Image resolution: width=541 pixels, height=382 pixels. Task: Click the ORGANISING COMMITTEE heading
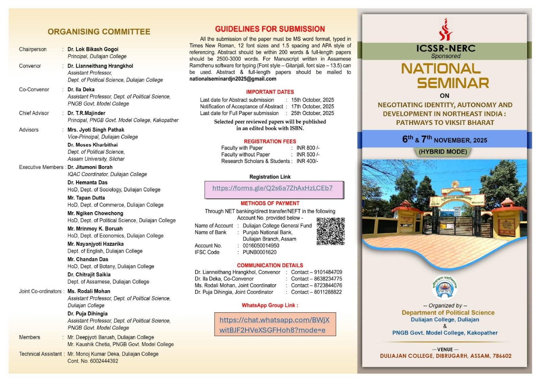[x=99, y=32]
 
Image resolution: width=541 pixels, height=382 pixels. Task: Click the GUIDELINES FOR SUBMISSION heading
[x=270, y=29]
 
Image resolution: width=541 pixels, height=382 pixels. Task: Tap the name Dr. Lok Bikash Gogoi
[x=93, y=49]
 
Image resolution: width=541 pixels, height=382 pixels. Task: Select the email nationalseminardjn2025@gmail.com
[x=233, y=79]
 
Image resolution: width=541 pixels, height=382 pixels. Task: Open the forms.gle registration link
[x=272, y=188]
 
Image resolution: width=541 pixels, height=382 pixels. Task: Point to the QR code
[x=330, y=231]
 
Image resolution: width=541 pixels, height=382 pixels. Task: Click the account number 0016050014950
[x=261, y=246]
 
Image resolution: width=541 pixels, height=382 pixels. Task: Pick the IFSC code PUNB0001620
[x=259, y=252]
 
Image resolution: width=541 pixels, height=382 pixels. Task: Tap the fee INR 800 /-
[x=308, y=148]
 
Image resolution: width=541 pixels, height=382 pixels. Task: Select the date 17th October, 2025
[x=312, y=106]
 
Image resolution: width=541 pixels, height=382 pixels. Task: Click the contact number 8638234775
[x=328, y=279]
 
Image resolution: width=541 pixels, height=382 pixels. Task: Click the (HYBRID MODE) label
[x=443, y=152]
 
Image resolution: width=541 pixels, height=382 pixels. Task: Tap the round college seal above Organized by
[x=445, y=287]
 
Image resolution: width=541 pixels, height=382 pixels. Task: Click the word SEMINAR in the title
[x=453, y=83]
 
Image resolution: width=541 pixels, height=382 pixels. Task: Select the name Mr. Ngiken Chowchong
[x=95, y=213]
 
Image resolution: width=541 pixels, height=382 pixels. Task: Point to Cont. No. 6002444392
[x=93, y=361]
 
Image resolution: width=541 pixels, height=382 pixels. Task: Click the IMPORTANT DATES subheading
[x=270, y=92]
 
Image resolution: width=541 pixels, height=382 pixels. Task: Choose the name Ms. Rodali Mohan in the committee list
[x=89, y=291]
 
